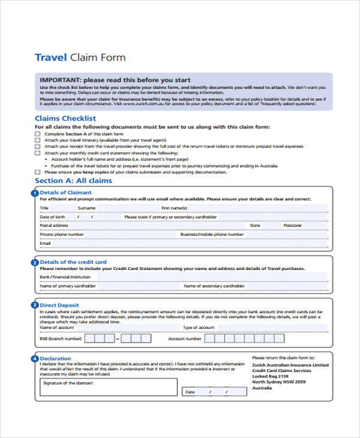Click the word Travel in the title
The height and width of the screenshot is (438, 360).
(x=51, y=58)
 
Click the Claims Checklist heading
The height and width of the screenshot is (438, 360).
(x=65, y=119)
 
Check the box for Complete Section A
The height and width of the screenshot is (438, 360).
(x=38, y=134)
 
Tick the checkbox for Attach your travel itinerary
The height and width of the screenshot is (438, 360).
(x=38, y=140)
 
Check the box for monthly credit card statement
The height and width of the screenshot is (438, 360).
(x=38, y=153)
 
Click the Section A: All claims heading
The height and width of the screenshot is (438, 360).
(x=73, y=181)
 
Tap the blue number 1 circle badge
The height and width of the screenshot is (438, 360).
(x=34, y=193)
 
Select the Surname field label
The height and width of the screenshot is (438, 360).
(x=86, y=208)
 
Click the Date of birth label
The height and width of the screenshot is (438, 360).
(x=52, y=217)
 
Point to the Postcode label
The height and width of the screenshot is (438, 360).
(x=292, y=226)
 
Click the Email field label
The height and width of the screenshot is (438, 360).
(x=45, y=244)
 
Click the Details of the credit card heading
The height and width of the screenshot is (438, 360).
(x=73, y=262)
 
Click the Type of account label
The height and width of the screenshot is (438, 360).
(x=199, y=328)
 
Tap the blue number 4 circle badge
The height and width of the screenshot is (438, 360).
(x=34, y=359)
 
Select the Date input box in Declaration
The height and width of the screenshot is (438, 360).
(x=214, y=392)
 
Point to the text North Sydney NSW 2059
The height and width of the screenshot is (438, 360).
(x=278, y=382)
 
